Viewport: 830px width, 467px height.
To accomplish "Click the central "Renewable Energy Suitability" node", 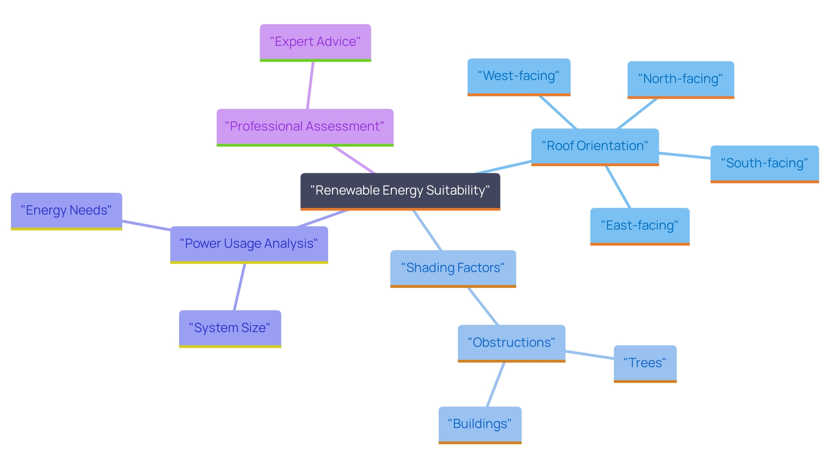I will (x=400, y=191).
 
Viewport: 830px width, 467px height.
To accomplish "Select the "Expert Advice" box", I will (x=315, y=42).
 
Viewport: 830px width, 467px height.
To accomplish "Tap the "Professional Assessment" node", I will (x=305, y=127).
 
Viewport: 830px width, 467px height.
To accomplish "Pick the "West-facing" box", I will (x=519, y=76).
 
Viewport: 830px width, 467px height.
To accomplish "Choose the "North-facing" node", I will (x=680, y=79).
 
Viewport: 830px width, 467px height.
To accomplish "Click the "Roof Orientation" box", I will (x=595, y=146).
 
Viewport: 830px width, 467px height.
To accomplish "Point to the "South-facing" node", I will (x=764, y=163).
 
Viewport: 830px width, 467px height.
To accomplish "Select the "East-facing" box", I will (x=640, y=226).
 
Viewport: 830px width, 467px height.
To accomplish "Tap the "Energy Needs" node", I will (x=66, y=211).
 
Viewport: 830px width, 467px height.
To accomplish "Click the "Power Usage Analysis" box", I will (x=249, y=244).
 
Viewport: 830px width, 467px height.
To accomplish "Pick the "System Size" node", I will (x=230, y=328).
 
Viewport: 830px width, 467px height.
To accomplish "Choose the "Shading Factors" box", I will (x=453, y=268).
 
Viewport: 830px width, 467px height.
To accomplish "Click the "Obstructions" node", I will (x=511, y=343).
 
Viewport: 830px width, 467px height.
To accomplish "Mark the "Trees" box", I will (x=645, y=363).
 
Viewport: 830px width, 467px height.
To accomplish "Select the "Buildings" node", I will (x=480, y=424).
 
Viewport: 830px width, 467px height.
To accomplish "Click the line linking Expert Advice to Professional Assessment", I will (x=310, y=85).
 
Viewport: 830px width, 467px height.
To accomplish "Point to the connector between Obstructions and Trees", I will (x=590, y=355).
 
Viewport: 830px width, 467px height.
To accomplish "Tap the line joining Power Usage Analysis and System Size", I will (x=239, y=287).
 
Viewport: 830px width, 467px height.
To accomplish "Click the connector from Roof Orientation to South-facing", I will (x=685, y=155).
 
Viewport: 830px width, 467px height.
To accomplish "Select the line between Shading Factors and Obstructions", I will (x=483, y=306).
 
